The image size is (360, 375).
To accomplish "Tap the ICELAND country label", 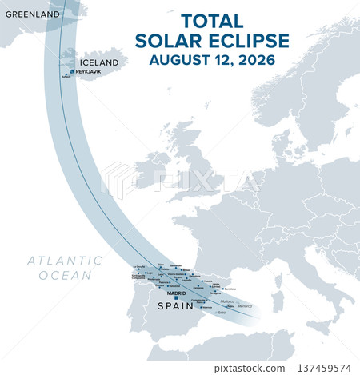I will click(x=99, y=62).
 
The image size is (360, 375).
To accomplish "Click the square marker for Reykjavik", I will click(x=73, y=71).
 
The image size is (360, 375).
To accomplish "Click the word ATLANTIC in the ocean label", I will click(x=64, y=261).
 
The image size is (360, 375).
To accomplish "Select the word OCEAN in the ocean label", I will click(x=64, y=275).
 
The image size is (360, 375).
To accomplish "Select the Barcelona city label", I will click(x=230, y=288).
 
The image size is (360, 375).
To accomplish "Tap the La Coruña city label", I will click(x=140, y=267).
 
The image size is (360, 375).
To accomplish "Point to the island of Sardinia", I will click(x=278, y=301).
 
